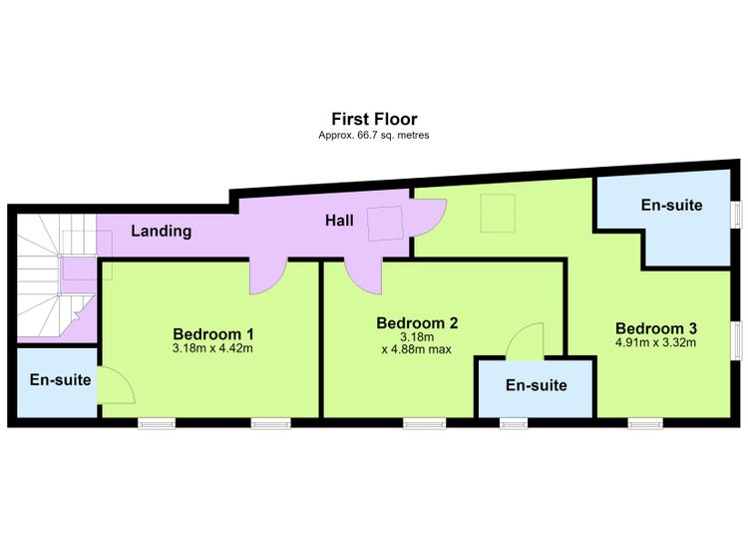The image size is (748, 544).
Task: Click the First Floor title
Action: click(x=374, y=119)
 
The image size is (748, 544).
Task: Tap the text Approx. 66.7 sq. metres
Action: click(x=374, y=135)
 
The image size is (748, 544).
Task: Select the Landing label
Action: click(x=162, y=232)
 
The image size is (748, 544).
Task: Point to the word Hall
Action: click(x=340, y=221)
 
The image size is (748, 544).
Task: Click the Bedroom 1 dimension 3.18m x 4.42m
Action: click(x=212, y=348)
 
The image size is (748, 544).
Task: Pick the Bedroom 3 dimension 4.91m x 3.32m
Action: click(x=656, y=342)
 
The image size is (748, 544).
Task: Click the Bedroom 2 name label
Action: click(x=418, y=322)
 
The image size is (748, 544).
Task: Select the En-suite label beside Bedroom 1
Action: click(x=60, y=379)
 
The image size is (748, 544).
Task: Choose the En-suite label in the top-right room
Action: click(x=671, y=205)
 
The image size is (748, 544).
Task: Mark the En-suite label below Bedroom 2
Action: click(x=537, y=385)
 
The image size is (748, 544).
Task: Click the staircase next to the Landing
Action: click(x=56, y=277)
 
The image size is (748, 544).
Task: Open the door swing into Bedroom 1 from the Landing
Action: click(x=268, y=276)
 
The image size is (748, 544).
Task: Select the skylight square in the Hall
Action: click(x=385, y=223)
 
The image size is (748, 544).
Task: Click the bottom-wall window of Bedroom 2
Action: click(x=425, y=423)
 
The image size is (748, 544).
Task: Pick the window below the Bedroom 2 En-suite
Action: click(x=514, y=423)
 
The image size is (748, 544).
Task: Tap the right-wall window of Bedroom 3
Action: click(x=737, y=339)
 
